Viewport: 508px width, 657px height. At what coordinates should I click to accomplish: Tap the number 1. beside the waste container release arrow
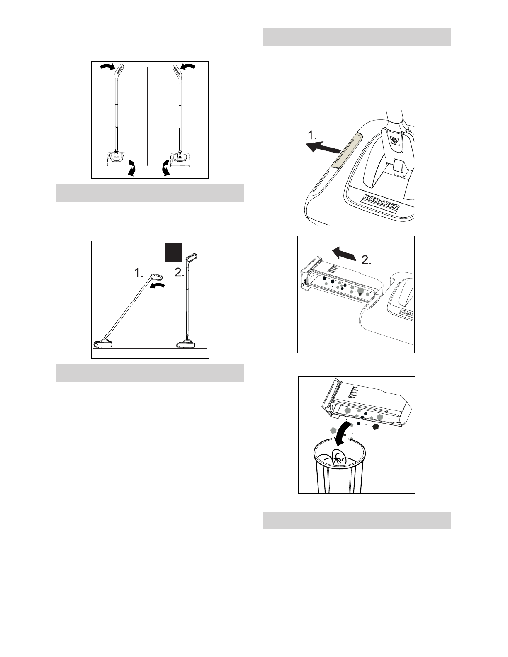tap(312, 135)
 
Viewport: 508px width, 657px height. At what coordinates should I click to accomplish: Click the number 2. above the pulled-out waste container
tap(367, 260)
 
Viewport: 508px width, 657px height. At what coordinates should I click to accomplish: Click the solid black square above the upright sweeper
tap(174, 252)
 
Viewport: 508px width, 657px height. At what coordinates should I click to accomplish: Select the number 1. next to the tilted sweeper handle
tap(139, 273)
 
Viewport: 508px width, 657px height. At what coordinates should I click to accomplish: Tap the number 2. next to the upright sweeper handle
tap(179, 273)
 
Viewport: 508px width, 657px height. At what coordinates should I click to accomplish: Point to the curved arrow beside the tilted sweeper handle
tap(158, 286)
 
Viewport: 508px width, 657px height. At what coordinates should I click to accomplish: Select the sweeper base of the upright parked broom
tap(186, 343)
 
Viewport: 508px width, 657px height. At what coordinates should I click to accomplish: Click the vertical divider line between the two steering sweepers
tap(148, 116)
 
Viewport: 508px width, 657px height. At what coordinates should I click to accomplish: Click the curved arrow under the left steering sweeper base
tap(132, 168)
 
